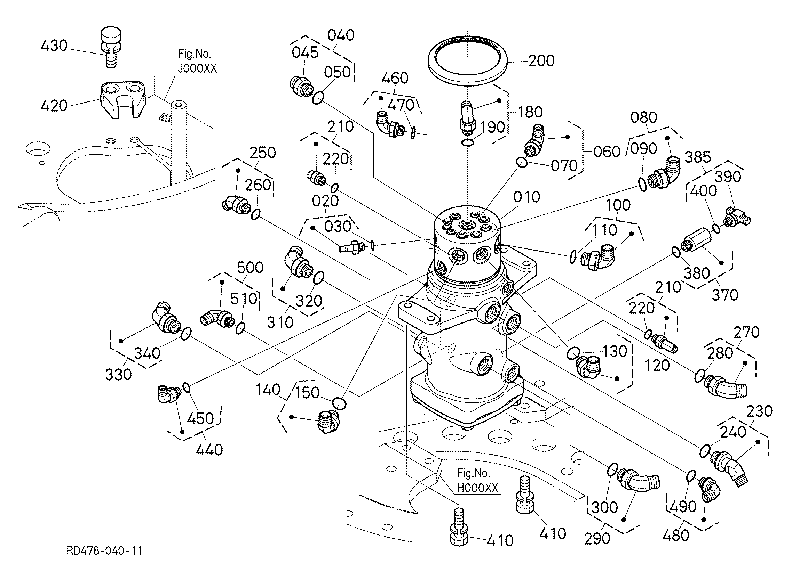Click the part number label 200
(x=541, y=61)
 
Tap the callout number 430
(x=54, y=46)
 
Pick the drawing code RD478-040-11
(x=104, y=551)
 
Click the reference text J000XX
(x=198, y=68)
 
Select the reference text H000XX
(x=478, y=488)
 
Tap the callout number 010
(x=526, y=197)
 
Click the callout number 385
(x=698, y=157)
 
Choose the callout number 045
(x=305, y=52)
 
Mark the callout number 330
(x=119, y=375)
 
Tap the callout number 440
(x=209, y=450)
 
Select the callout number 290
(x=597, y=539)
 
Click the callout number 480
(x=676, y=536)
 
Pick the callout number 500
(x=250, y=268)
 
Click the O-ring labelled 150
(x=339, y=403)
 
